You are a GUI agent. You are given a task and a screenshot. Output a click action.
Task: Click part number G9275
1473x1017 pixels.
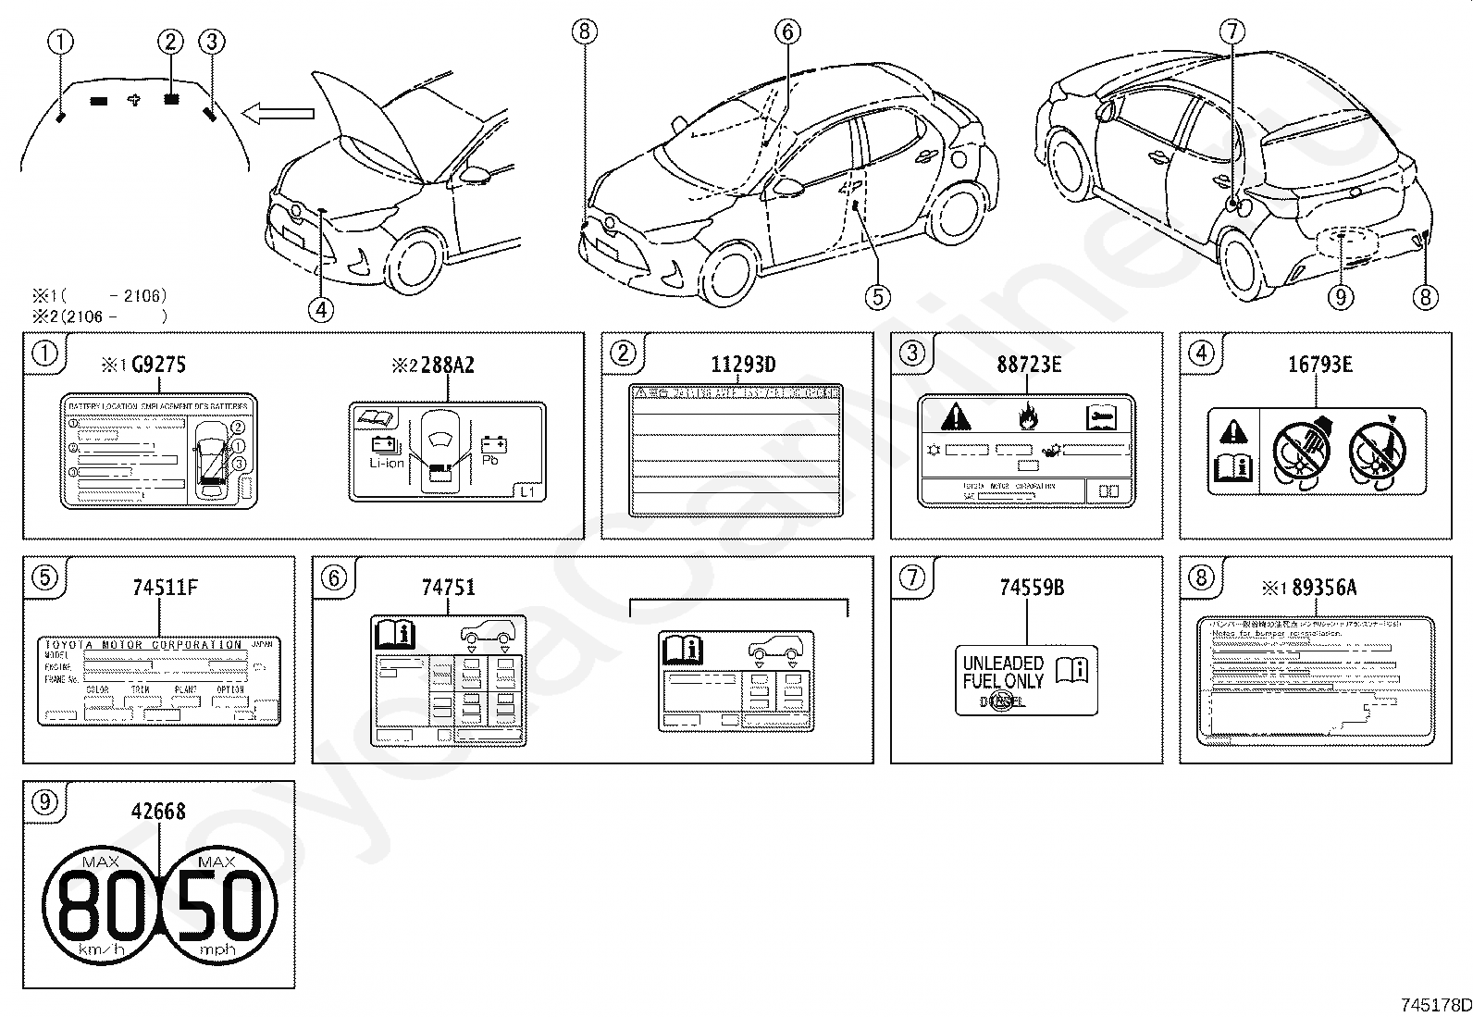(x=158, y=365)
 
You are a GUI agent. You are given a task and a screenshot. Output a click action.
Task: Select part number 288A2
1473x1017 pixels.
(x=448, y=365)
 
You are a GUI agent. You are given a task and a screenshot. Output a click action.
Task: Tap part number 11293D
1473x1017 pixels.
(x=743, y=365)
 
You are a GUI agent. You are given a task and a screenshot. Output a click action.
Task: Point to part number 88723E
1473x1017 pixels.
(x=1029, y=365)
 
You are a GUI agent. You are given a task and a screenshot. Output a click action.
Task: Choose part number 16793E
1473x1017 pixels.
(x=1320, y=365)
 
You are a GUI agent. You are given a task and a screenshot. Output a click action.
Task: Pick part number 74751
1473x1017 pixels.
(x=449, y=588)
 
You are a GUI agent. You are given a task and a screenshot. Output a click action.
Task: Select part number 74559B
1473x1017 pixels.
(x=1032, y=588)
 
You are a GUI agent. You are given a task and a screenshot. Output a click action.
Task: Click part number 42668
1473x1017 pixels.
(x=158, y=812)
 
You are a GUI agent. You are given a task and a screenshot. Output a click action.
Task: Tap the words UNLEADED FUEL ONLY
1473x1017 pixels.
(x=1003, y=673)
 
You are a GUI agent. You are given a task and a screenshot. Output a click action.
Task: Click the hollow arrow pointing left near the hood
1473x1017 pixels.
(x=278, y=114)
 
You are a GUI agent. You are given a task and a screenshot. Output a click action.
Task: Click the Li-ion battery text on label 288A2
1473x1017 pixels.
(x=387, y=463)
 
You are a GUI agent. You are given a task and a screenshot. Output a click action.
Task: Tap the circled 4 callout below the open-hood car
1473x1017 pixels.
(x=321, y=309)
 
